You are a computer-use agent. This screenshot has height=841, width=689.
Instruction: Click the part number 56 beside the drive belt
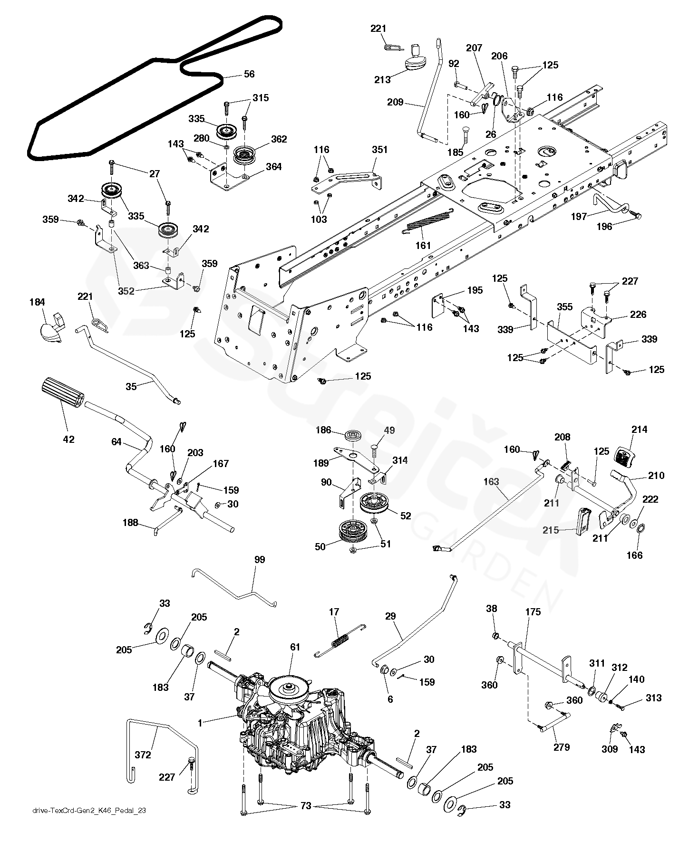pos(249,74)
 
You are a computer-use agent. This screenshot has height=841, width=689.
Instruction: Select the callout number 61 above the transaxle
pos(295,647)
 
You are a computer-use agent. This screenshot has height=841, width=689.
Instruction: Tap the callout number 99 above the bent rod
pos(260,560)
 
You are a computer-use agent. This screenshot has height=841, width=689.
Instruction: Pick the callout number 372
pos(143,755)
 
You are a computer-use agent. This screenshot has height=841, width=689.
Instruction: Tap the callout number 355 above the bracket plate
pos(565,307)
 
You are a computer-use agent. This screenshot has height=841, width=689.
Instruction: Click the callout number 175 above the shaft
pos(533,612)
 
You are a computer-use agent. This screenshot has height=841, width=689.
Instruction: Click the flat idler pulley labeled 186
pos(352,435)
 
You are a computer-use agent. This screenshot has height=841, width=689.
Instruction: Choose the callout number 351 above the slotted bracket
pos(379,150)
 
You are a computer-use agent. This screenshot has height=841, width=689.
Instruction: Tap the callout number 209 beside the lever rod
pos(395,102)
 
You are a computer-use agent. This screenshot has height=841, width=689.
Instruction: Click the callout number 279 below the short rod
pos(562,747)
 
